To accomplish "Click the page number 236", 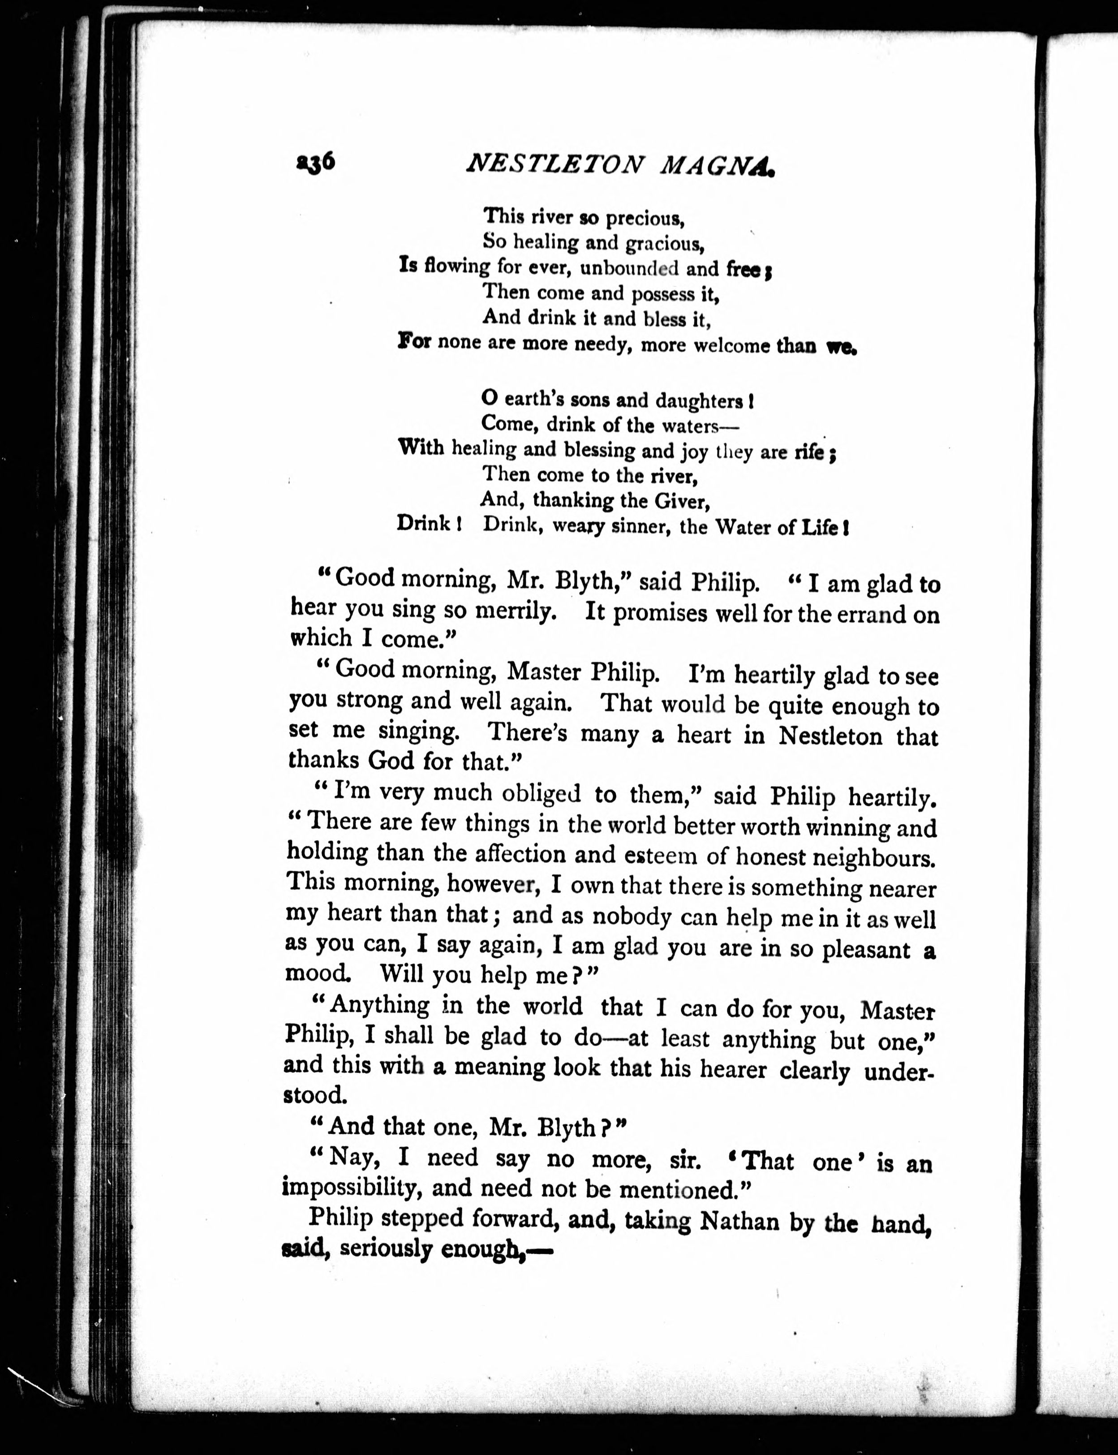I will (315, 162).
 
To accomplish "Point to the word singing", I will (419, 732).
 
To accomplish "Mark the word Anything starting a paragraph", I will (379, 1005).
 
